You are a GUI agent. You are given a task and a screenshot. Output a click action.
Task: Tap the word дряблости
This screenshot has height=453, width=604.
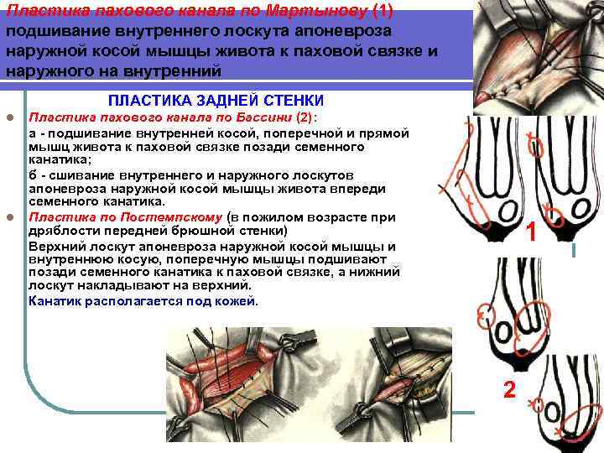pyautogui.click(x=59, y=231)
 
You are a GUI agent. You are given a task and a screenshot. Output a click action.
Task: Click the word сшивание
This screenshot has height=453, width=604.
pyautogui.click(x=75, y=174)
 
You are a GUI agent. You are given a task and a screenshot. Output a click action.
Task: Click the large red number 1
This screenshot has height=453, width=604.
pyautogui.click(x=531, y=232)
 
